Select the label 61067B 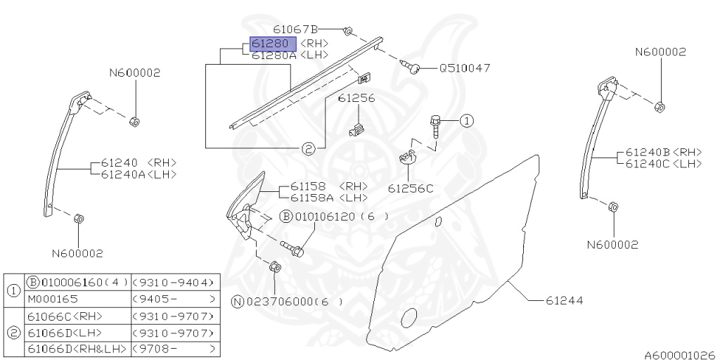pyautogui.click(x=295, y=30)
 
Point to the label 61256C pyautogui.click(x=411, y=188)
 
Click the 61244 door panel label pyautogui.click(x=564, y=300)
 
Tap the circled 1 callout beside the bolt pyautogui.click(x=467, y=121)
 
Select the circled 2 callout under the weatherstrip pyautogui.click(x=308, y=148)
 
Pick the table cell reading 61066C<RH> pyautogui.click(x=65, y=316)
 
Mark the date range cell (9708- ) pyautogui.click(x=172, y=349)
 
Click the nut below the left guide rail pyautogui.click(x=79, y=219)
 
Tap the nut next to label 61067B pyautogui.click(x=349, y=31)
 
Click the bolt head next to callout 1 pyautogui.click(x=435, y=121)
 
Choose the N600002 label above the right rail pyautogui.click(x=660, y=52)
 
